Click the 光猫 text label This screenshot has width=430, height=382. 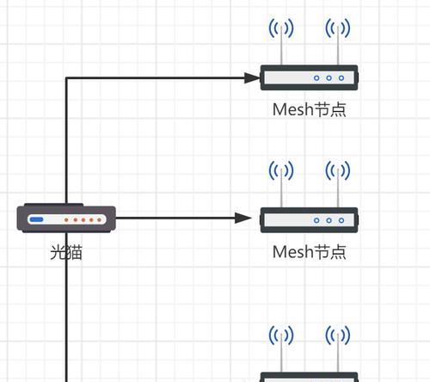(66, 253)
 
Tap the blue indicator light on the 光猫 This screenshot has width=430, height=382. (37, 219)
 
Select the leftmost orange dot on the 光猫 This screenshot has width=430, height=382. (66, 220)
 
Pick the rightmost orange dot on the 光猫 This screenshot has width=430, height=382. (99, 220)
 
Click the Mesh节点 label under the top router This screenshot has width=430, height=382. (310, 109)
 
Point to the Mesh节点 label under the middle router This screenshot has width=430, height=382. (310, 252)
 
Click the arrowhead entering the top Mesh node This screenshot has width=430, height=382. (252, 77)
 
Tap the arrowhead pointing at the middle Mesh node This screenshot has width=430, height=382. (243, 218)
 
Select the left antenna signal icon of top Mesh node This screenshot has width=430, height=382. (281, 28)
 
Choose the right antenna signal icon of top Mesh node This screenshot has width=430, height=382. (338, 28)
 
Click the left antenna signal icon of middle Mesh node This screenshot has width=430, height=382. (281, 170)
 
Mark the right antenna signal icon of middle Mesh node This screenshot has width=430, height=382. (338, 170)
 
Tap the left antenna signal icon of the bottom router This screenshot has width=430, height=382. (281, 335)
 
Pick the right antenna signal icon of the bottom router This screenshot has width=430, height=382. (338, 335)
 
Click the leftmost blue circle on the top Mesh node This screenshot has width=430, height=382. (316, 78)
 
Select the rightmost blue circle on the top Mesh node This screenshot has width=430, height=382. (341, 78)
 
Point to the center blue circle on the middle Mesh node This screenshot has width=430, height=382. (329, 220)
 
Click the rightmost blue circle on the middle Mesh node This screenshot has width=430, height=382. (341, 220)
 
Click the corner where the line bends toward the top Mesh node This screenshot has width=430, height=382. (66, 77)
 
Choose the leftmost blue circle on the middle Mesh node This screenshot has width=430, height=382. (316, 220)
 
